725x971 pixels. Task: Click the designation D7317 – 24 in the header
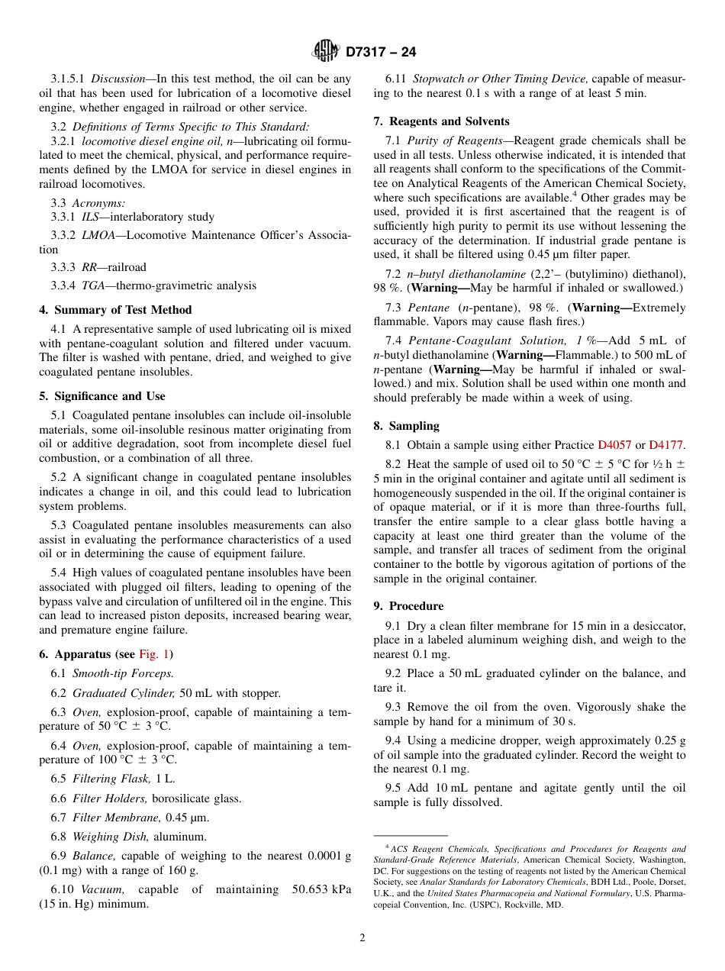point(381,53)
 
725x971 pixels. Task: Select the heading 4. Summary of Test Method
point(115,310)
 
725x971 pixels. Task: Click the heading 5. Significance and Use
point(102,396)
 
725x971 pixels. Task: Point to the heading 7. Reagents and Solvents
point(441,121)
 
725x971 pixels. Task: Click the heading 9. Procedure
point(408,606)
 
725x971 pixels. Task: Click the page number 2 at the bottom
point(362,938)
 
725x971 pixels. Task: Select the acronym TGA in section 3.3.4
point(93,285)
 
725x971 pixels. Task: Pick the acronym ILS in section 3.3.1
point(91,217)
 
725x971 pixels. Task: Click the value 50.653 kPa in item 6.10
point(321,889)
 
